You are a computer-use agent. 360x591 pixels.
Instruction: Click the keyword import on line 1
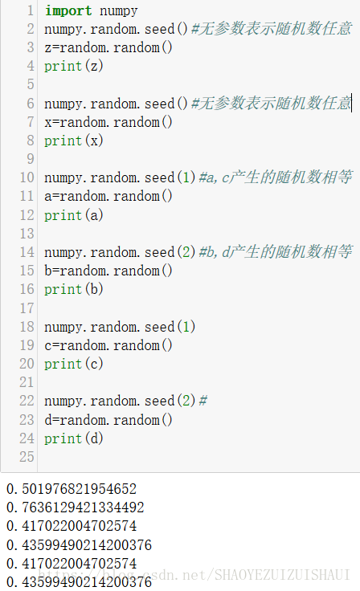(68, 11)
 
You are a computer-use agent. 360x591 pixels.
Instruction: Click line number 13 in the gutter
(27, 234)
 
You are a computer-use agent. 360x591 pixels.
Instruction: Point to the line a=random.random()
(108, 196)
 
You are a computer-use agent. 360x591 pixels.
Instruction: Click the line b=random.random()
(108, 271)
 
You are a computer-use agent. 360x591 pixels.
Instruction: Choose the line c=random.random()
(108, 345)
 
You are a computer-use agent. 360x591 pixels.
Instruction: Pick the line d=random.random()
(108, 420)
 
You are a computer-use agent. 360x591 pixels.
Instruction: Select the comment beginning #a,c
(274, 177)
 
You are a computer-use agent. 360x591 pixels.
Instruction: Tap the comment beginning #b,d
(274, 252)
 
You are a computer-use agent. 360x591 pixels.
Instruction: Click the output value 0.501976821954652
(71, 489)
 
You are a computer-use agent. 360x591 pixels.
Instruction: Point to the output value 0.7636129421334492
(75, 507)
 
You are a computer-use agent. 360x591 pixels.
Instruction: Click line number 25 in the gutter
(27, 457)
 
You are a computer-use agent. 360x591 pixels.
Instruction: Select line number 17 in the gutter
(27, 308)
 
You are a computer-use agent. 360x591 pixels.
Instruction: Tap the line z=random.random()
(108, 47)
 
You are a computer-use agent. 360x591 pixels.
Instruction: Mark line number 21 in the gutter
(27, 382)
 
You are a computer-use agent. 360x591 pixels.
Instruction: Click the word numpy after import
(118, 11)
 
